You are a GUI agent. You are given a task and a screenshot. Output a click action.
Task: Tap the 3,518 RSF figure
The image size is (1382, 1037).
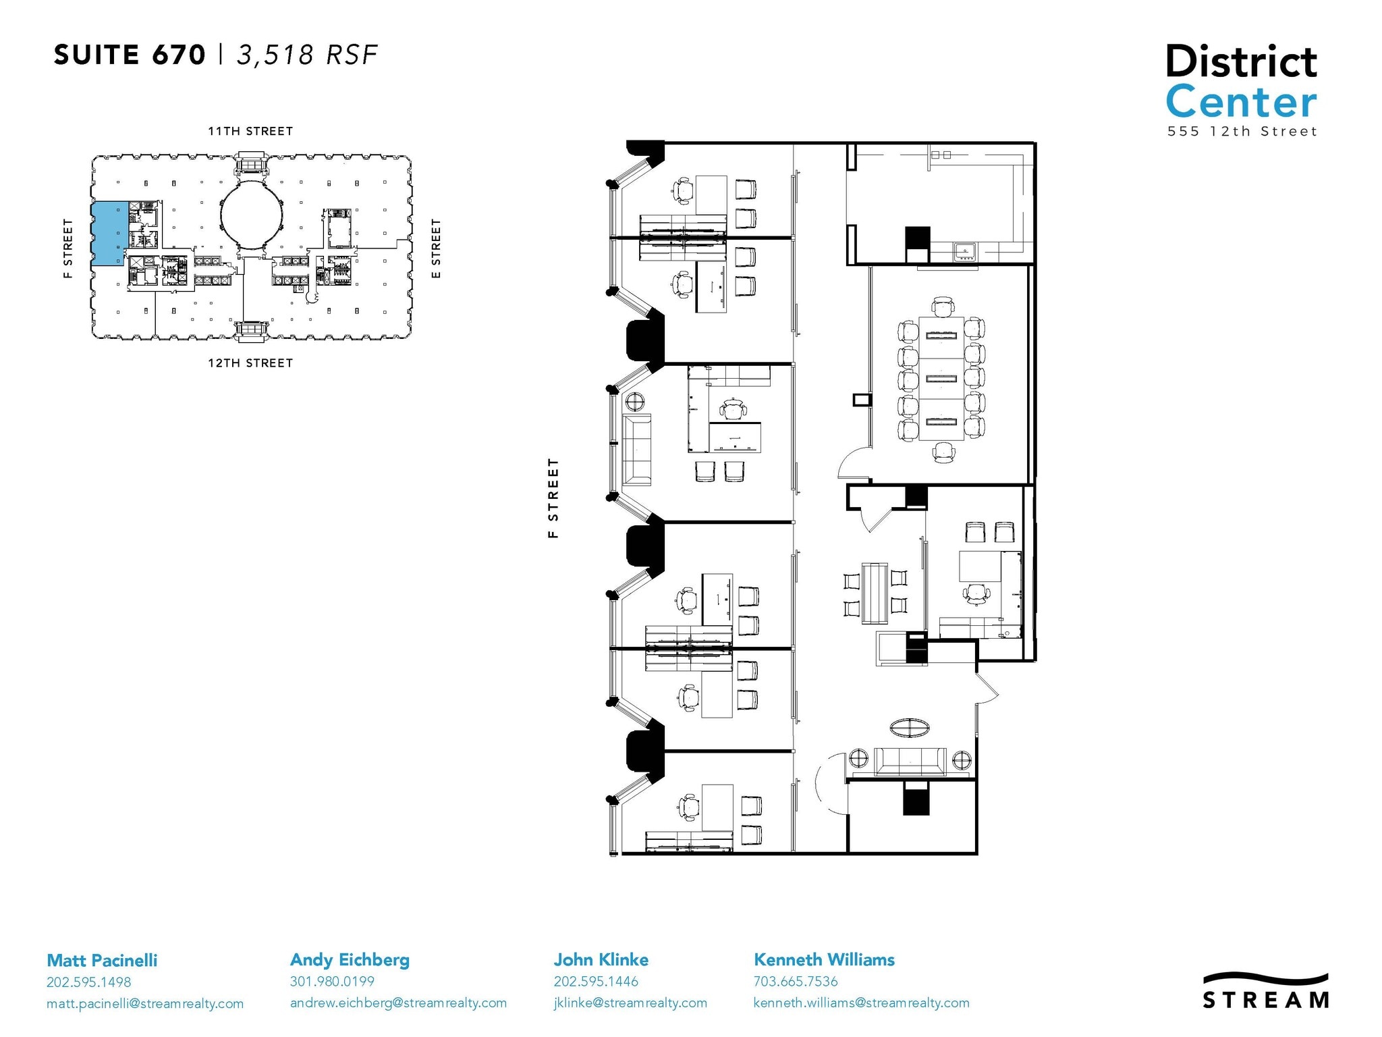pos(306,55)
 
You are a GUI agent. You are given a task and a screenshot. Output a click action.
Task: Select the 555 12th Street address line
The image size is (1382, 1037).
pos(1242,132)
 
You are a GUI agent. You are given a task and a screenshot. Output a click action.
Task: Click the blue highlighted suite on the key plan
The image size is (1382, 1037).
pos(108,233)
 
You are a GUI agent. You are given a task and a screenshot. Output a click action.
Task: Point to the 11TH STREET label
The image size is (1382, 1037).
pos(250,131)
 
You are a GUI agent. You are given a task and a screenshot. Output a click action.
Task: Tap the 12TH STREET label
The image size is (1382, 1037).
pos(250,363)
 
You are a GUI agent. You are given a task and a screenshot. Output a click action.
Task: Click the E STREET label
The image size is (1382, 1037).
pos(436,248)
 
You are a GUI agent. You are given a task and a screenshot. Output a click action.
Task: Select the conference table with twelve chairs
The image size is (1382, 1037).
pos(941,379)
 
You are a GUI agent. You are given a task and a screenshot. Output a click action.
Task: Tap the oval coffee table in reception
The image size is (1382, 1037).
pos(910,728)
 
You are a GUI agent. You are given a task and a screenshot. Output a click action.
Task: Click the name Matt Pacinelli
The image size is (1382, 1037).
pos(102,960)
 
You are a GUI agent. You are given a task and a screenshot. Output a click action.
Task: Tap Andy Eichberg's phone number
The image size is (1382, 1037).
pos(332,981)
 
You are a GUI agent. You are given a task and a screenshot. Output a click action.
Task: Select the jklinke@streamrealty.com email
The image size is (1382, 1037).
pos(630,1003)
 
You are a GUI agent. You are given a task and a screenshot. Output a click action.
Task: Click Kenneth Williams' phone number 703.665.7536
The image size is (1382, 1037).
pos(796,981)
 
